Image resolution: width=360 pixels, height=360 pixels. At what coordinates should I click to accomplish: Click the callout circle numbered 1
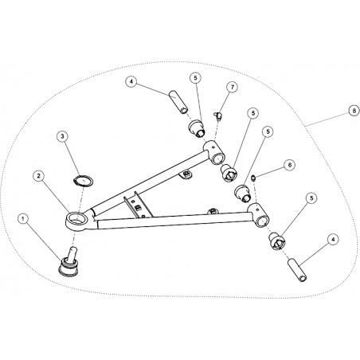click(23, 219)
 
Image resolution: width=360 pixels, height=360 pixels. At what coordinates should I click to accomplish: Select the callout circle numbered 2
click(39, 176)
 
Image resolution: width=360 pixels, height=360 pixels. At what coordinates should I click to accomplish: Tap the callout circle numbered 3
click(62, 136)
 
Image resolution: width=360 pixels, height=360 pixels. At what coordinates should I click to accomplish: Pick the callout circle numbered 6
click(290, 165)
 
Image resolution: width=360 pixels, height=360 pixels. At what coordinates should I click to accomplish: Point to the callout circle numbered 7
click(233, 88)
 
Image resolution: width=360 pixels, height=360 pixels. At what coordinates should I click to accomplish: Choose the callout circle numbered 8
click(354, 111)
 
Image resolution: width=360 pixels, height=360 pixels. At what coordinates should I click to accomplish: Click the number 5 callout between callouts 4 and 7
click(196, 78)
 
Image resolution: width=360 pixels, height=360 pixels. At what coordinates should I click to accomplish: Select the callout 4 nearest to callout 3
click(131, 82)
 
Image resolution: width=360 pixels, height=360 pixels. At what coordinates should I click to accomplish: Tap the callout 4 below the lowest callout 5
click(334, 240)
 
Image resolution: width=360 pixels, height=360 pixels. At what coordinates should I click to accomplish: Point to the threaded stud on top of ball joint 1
click(72, 252)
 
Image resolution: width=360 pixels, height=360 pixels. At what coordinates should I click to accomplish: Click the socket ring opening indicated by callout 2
click(78, 218)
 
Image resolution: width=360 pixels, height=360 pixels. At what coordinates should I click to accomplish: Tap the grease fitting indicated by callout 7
click(217, 115)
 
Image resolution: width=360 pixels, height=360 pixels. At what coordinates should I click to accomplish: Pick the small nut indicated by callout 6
click(254, 178)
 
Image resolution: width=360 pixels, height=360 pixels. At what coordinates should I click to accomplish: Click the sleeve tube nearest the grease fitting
click(178, 103)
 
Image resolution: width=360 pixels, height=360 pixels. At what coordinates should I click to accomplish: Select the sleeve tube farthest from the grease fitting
click(297, 270)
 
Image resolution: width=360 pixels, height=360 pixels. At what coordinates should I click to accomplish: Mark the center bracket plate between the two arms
click(138, 205)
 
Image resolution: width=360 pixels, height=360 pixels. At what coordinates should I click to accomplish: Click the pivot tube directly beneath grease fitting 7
click(215, 152)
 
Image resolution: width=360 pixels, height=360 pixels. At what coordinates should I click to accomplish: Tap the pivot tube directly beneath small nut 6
click(259, 215)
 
